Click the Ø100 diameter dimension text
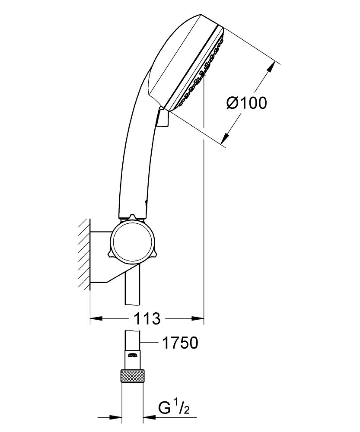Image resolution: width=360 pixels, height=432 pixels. tap(246, 103)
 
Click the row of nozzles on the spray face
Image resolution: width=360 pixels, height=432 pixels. tap(200, 73)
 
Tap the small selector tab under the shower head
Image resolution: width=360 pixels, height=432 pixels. tap(162, 117)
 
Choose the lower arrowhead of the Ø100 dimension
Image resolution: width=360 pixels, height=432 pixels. tap(225, 138)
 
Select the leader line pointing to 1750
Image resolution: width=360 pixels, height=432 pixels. tap(149, 343)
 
